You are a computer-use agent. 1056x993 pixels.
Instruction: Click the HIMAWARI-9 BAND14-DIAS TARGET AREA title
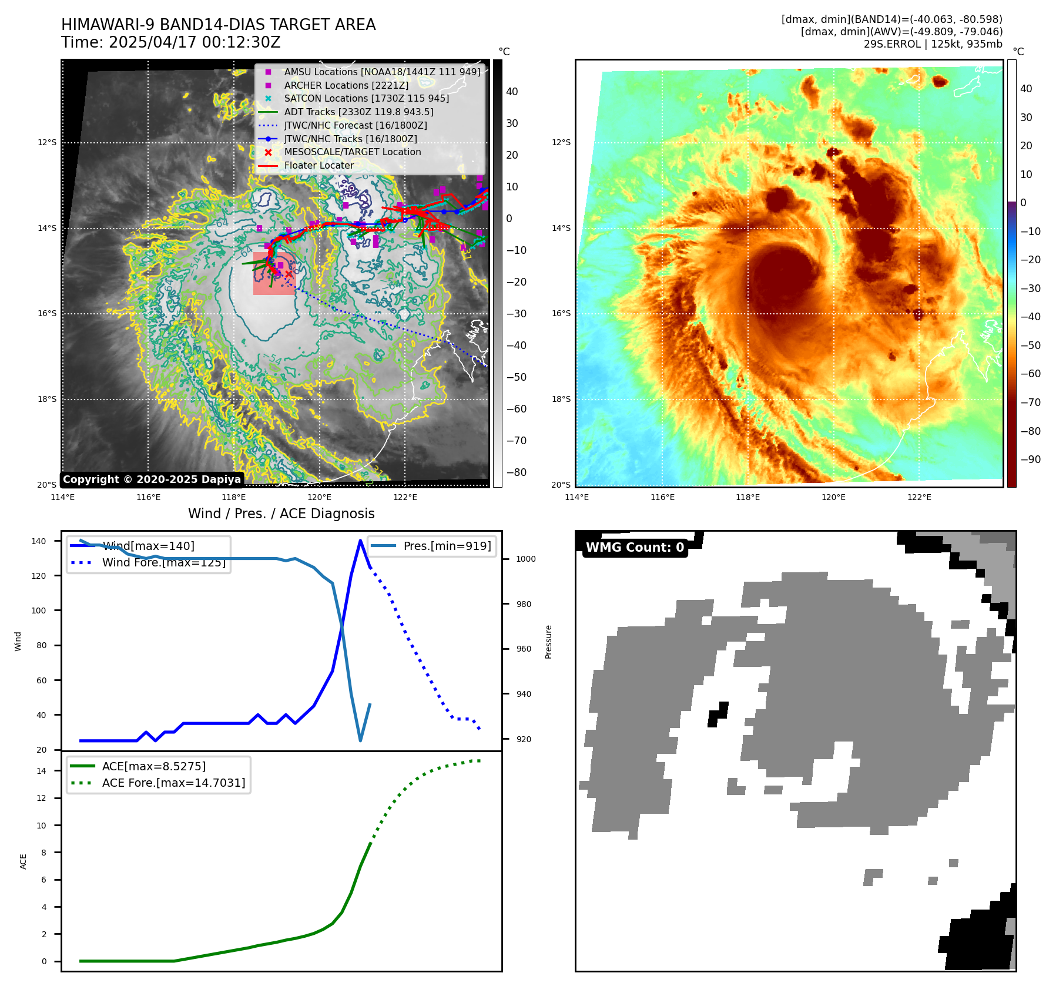[x=218, y=25]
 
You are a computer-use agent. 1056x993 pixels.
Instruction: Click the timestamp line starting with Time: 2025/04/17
[x=170, y=43]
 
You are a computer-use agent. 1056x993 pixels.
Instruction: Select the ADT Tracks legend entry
[x=358, y=112]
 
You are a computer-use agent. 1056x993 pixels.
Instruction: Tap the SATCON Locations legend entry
[x=366, y=98]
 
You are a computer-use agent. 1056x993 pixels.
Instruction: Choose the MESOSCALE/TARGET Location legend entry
[x=353, y=152]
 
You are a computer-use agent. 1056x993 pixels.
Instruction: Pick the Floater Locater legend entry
[x=319, y=165]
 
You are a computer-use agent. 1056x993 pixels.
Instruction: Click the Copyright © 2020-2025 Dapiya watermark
[x=152, y=479]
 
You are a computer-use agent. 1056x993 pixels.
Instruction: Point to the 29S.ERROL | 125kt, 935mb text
[x=933, y=44]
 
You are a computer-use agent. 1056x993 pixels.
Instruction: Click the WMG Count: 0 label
[x=635, y=548]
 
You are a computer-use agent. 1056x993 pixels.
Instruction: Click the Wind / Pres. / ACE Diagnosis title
[x=281, y=514]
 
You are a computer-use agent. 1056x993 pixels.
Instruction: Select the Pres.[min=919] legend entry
[x=447, y=546]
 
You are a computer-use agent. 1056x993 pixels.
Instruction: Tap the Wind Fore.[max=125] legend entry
[x=163, y=562]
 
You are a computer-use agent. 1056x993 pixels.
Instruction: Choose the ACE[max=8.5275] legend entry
[x=153, y=766]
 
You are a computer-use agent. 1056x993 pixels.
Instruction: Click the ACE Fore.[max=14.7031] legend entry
[x=173, y=783]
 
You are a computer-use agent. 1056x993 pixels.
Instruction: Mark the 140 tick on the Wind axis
[x=39, y=541]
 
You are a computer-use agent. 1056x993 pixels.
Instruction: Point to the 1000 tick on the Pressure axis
[x=525, y=559]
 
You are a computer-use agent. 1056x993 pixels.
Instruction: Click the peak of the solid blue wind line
[x=360, y=541]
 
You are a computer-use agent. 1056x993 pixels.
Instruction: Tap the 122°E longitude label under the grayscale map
[x=405, y=497]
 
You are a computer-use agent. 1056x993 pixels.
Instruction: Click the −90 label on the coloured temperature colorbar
[x=1030, y=459]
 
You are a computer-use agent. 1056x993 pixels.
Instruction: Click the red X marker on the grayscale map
[x=289, y=274]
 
